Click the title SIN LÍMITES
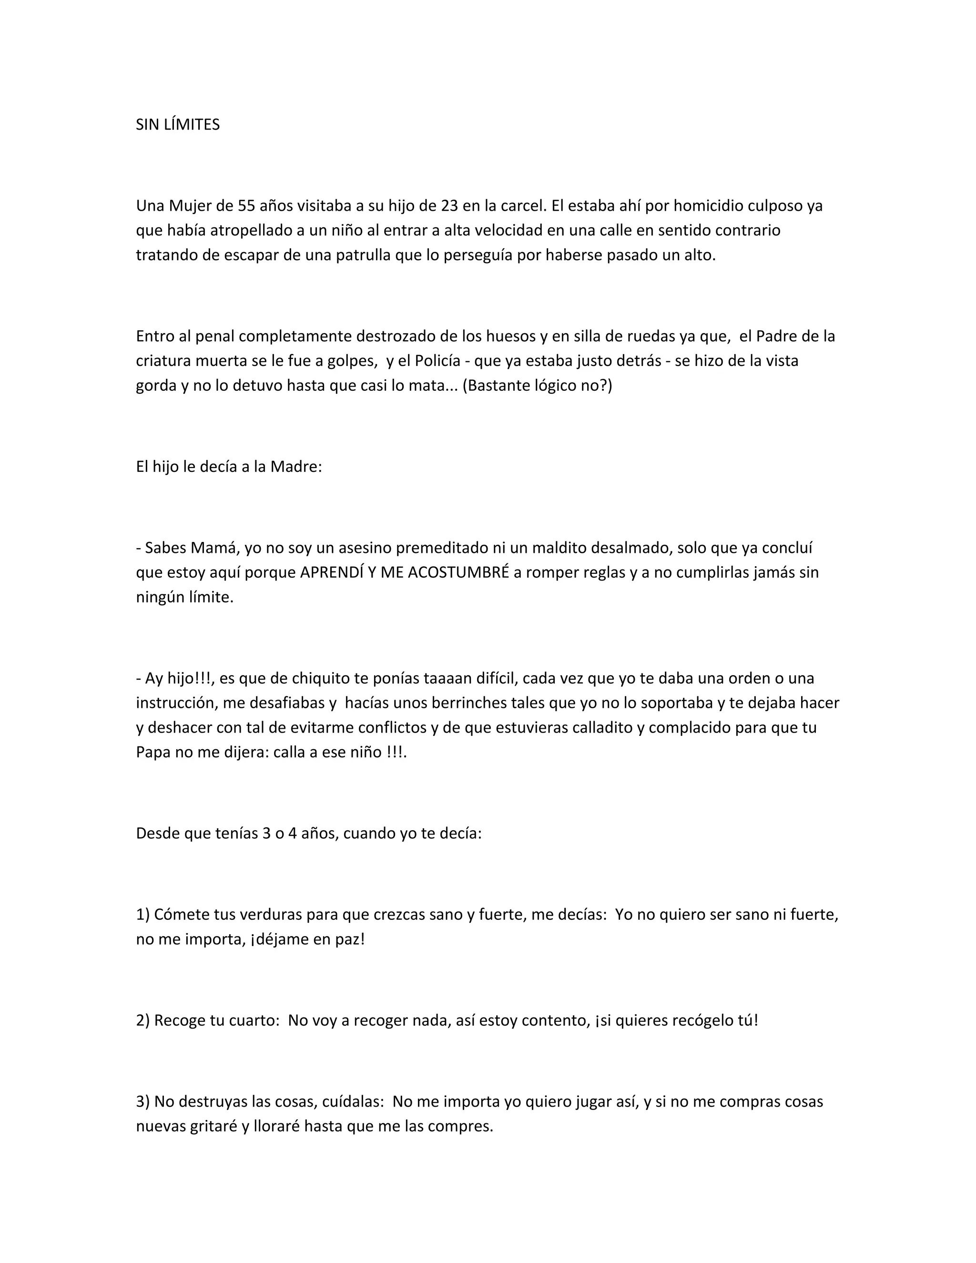tap(177, 125)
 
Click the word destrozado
tap(406, 336)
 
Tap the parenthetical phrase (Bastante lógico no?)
tap(537, 385)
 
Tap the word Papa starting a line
tap(153, 753)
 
